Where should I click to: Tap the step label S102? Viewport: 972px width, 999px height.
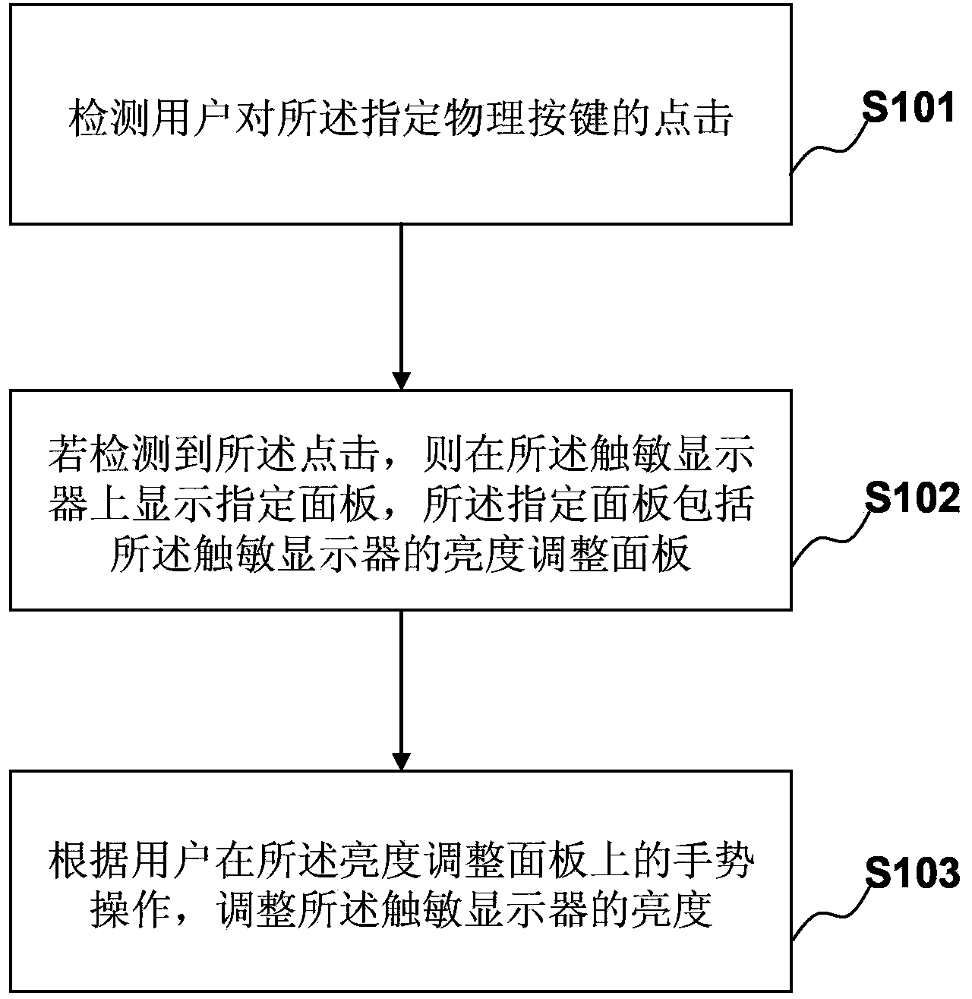click(x=912, y=500)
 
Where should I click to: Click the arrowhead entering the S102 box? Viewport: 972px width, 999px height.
click(x=400, y=380)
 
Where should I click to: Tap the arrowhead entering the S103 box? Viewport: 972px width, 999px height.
click(x=400, y=760)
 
